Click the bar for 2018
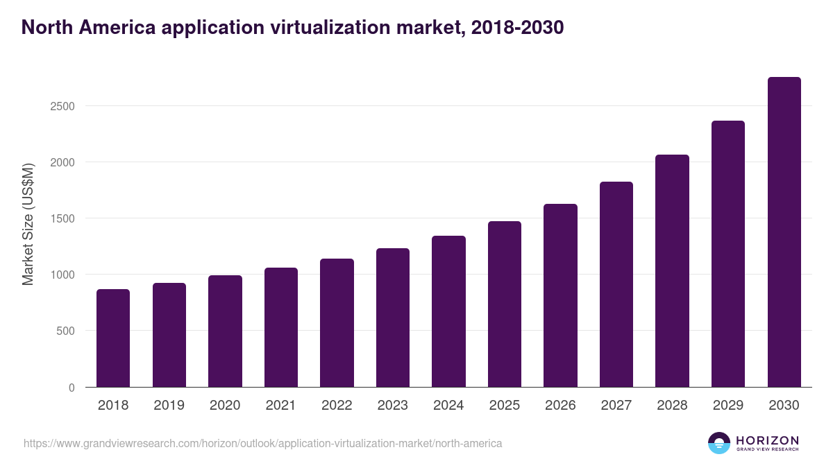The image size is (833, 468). [113, 338]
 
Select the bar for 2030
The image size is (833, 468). [784, 232]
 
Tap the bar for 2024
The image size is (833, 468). [448, 311]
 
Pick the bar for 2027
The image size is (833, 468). [616, 284]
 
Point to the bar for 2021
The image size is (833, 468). [281, 327]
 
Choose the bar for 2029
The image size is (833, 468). [728, 254]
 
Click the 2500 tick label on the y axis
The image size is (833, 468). [62, 106]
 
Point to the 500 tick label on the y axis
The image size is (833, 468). [65, 331]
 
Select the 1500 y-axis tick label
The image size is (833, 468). [62, 218]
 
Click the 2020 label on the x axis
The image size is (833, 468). [225, 406]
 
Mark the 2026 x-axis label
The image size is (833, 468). [560, 406]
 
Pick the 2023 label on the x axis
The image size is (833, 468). [393, 406]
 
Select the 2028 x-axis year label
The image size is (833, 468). [672, 406]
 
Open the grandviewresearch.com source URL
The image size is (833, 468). [262, 443]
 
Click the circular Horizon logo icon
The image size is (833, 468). [719, 443]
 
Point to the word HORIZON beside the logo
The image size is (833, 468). [766, 440]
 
